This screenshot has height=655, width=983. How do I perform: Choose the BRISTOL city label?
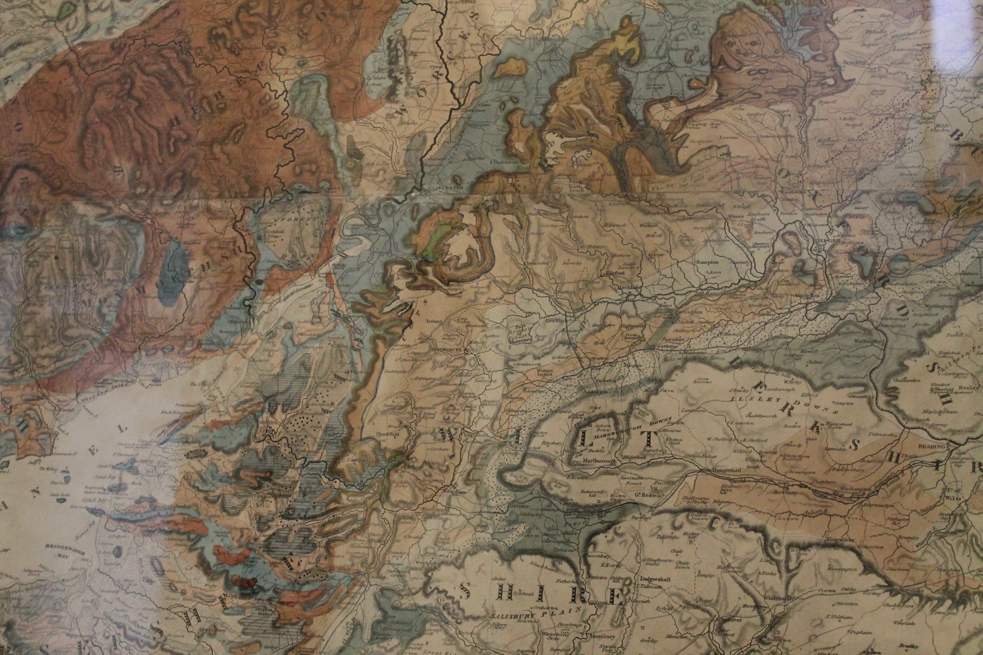[x=270, y=422]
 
